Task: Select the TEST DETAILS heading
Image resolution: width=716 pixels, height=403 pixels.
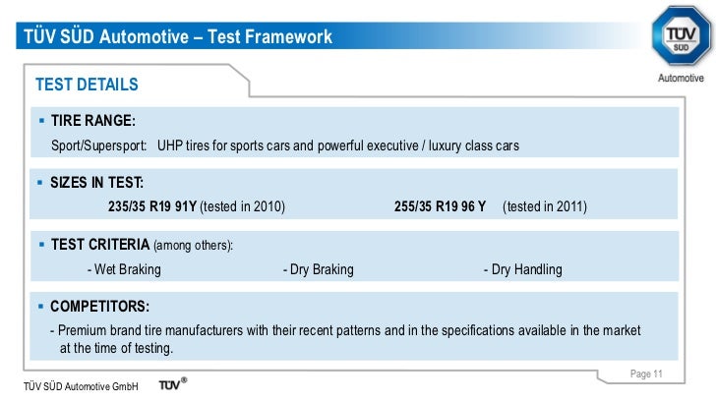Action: (x=87, y=85)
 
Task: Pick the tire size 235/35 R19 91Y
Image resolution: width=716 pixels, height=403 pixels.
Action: (x=152, y=207)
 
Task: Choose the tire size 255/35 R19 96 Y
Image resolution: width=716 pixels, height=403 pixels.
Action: (x=440, y=207)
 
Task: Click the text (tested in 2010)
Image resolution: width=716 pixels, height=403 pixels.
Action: (x=243, y=207)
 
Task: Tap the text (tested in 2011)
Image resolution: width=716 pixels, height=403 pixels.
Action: (x=544, y=207)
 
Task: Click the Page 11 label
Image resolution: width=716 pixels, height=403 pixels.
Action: (x=646, y=374)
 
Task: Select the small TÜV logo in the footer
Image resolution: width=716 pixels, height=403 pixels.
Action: (x=173, y=385)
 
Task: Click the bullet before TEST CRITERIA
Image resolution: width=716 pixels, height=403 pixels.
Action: (x=41, y=244)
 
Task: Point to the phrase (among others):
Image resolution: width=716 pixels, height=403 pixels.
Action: (x=194, y=245)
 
